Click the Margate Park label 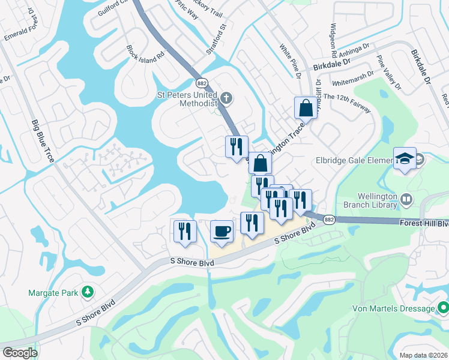click(53, 293)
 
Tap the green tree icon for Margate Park click(88, 292)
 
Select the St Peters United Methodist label click(186, 98)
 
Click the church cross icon click(226, 98)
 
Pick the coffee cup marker click(222, 232)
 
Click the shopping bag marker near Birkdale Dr click(305, 109)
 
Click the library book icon click(407, 199)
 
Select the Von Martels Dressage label click(393, 308)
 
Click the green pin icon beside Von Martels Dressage click(443, 308)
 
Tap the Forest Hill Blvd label click(424, 223)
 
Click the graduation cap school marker click(405, 158)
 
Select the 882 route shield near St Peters click(202, 82)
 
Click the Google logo click(19, 353)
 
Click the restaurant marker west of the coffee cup click(185, 230)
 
